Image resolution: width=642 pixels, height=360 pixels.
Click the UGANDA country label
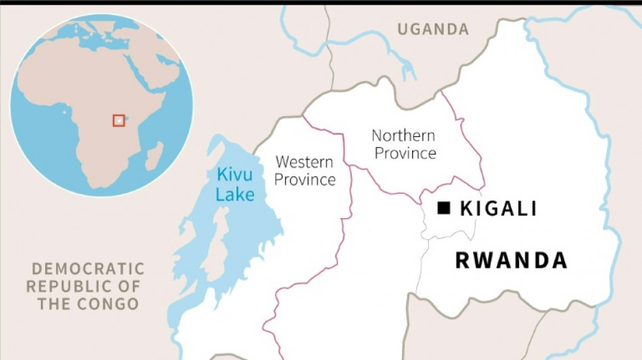[x=433, y=29]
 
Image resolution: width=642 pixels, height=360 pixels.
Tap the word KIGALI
[x=498, y=209]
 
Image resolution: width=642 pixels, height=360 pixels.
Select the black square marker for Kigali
[x=444, y=208]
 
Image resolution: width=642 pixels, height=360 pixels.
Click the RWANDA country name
[x=511, y=261]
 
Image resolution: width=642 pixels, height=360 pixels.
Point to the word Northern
[x=403, y=136]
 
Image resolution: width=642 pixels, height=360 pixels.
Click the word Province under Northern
[x=405, y=153]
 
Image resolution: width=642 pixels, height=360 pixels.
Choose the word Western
[x=304, y=162]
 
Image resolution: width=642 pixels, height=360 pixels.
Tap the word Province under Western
[x=305, y=180]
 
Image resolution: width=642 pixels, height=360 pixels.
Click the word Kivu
[x=234, y=175]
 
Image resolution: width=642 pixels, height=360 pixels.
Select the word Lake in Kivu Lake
[x=236, y=195]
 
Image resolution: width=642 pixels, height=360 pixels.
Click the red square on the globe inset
[x=119, y=120]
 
